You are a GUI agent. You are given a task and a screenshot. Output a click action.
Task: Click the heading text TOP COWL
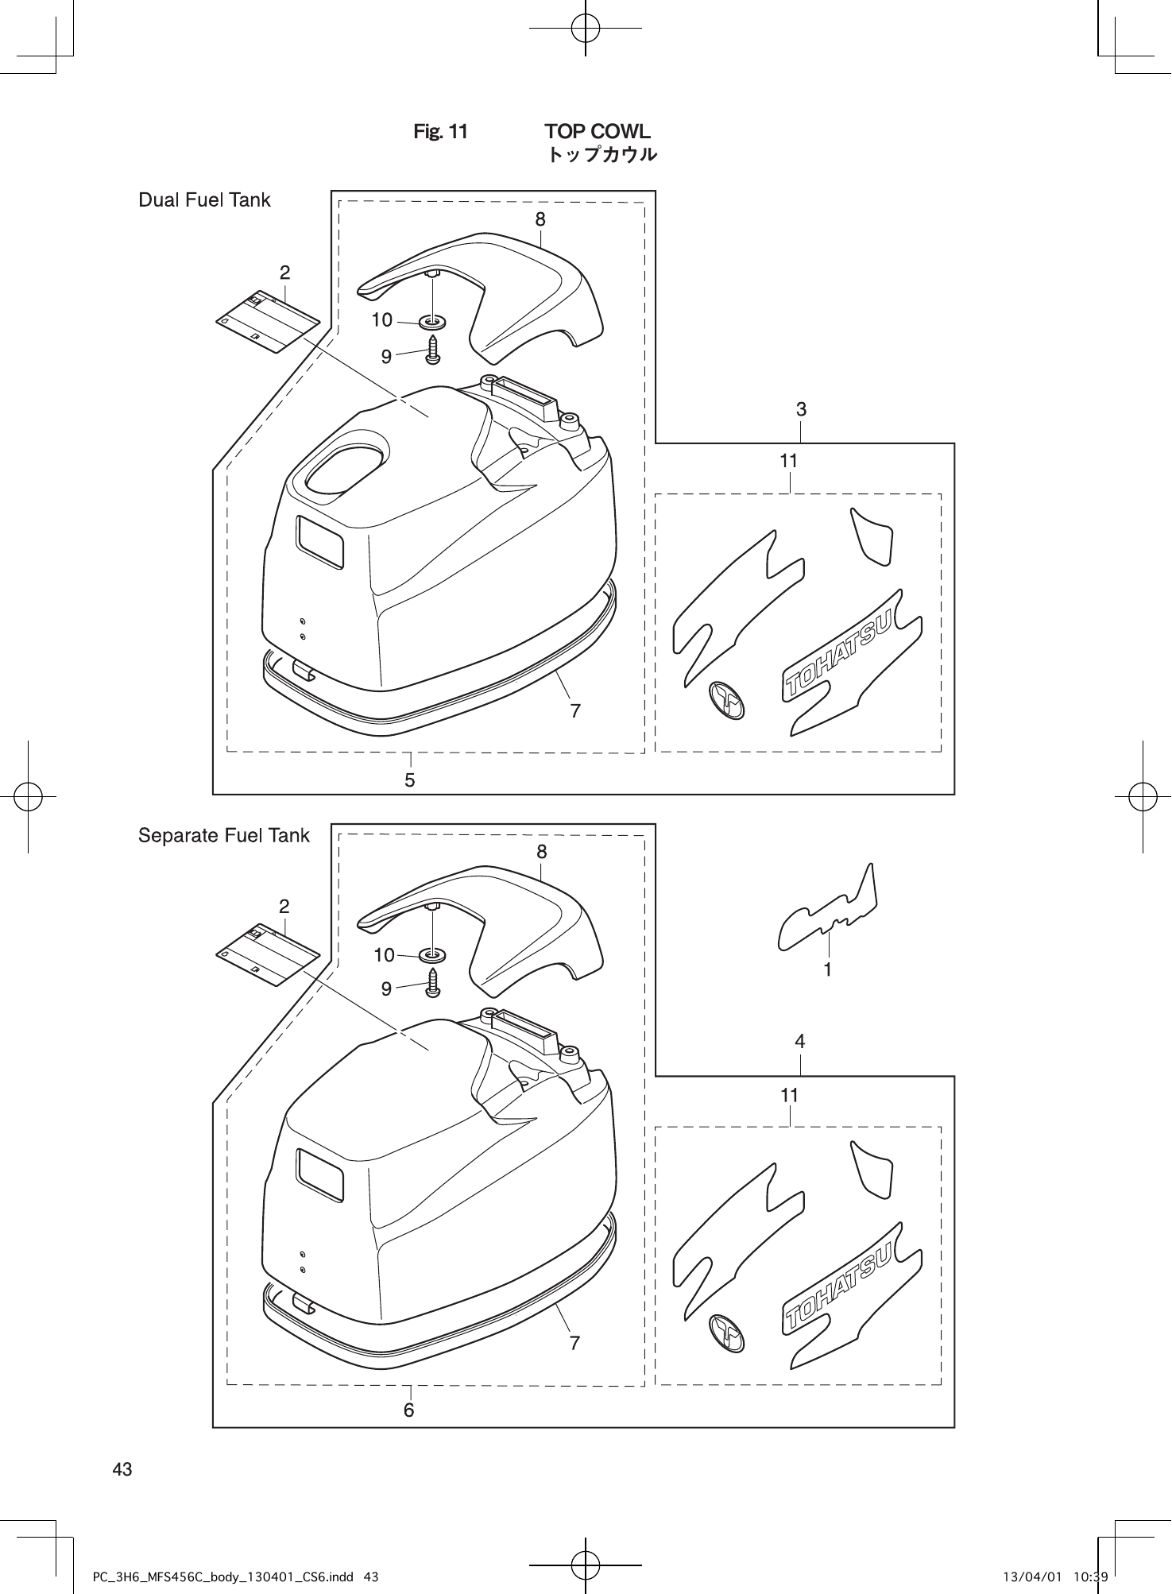coord(597,131)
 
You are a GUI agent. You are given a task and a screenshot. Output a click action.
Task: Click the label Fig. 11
coord(440,132)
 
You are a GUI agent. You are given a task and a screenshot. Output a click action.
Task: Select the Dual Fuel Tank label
coord(204,200)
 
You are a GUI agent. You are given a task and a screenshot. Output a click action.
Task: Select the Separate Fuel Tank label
coord(223,835)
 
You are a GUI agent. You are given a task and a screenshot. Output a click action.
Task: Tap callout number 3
coord(801,409)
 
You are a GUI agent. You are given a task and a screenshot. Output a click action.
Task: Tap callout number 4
coord(800,1041)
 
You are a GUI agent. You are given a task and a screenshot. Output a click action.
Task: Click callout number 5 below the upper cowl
coord(410,780)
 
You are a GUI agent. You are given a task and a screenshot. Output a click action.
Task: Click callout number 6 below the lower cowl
coord(409,1410)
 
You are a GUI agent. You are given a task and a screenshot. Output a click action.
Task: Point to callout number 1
coord(828,969)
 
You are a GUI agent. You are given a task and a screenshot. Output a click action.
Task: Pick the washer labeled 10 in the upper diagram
coord(433,323)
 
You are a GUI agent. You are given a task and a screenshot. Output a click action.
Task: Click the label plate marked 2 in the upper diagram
coord(268,320)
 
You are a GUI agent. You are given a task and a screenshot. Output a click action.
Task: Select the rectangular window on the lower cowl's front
coord(320,1174)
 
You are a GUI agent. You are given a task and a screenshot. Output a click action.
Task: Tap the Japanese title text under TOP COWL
coord(601,155)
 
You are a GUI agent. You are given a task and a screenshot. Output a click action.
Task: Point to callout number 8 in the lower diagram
coord(541,852)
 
